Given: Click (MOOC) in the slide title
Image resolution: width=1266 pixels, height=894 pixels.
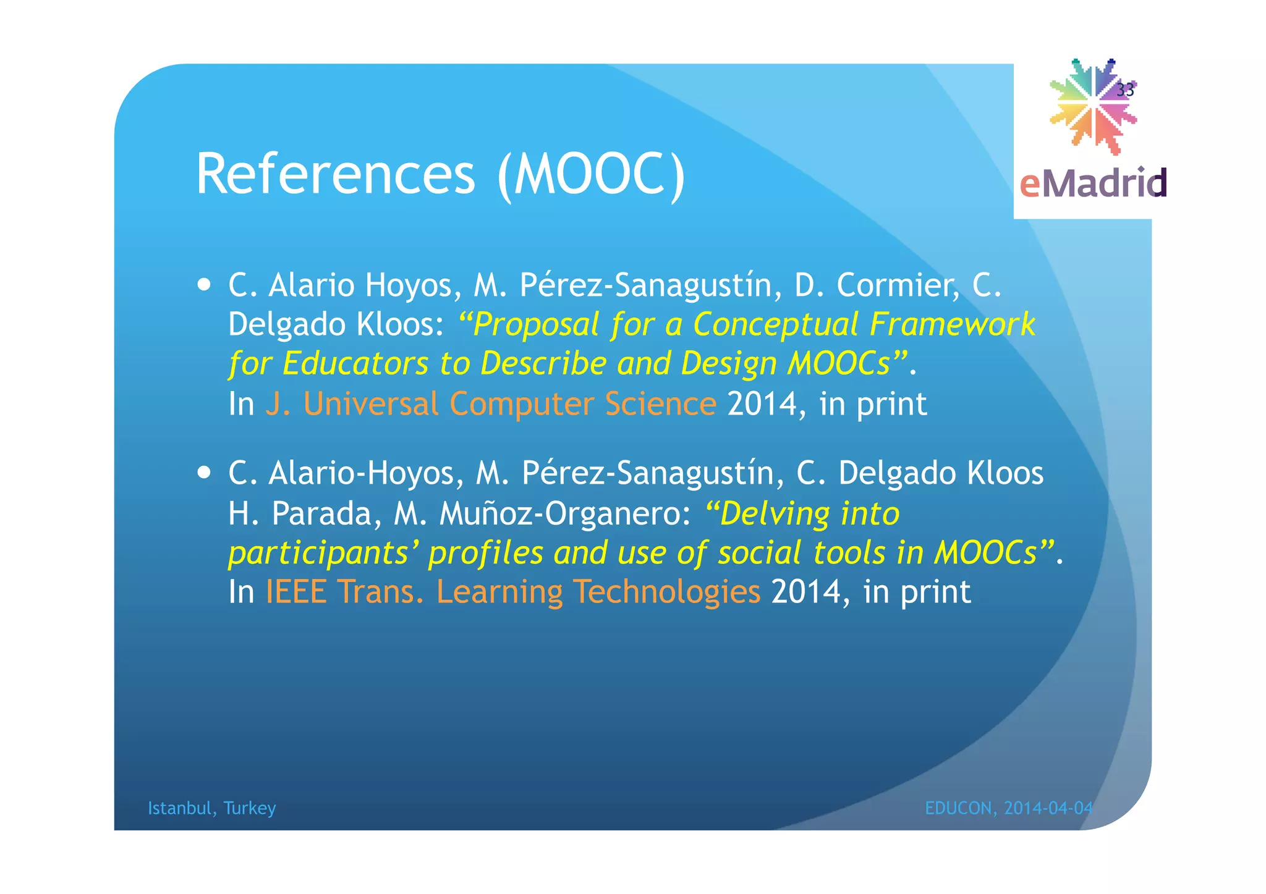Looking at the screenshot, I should (591, 175).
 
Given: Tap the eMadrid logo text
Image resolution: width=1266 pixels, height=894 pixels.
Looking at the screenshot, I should (1092, 183).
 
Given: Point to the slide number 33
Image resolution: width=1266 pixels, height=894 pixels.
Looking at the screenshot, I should (1125, 90).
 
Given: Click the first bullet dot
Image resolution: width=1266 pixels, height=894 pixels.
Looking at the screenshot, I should (204, 285).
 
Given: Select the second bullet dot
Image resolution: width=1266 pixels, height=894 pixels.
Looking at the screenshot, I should (204, 473).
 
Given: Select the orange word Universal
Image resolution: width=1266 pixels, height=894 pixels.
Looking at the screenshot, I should (371, 404).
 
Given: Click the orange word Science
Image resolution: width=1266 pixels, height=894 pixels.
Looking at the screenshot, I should (660, 404).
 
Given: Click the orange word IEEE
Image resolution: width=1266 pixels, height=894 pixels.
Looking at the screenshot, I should (295, 592).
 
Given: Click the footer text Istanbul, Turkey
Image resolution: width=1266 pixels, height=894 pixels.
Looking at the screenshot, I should (211, 808).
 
